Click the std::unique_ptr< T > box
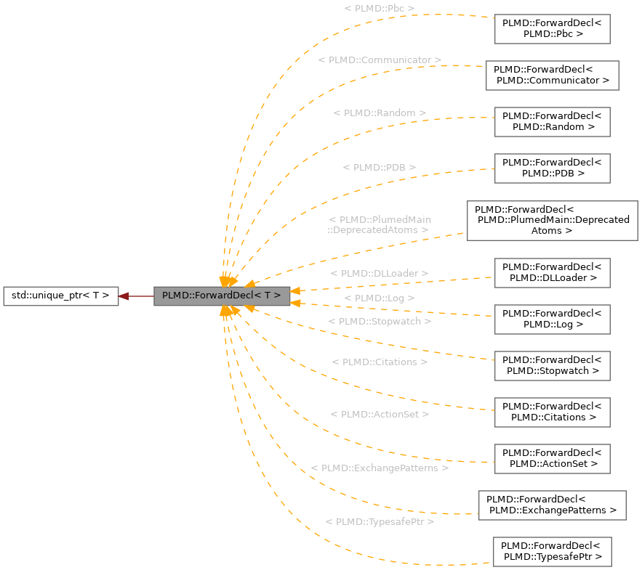point(60,296)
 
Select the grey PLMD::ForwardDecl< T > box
point(222,296)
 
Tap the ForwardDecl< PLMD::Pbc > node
point(552,28)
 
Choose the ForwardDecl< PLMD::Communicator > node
point(552,75)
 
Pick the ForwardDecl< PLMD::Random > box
point(552,121)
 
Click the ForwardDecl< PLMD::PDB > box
point(552,168)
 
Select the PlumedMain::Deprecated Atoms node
point(552,220)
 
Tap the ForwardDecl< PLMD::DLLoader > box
point(552,272)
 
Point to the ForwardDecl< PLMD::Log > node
point(552,319)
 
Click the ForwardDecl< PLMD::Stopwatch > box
point(552,365)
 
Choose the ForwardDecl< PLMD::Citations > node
point(552,412)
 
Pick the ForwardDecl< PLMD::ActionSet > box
point(552,458)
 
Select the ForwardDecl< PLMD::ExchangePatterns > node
point(552,505)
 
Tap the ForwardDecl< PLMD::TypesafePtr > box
point(552,551)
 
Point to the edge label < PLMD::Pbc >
point(380,9)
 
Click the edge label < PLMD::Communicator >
point(380,60)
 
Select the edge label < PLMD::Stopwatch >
point(380,321)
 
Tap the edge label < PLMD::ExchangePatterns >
point(380,468)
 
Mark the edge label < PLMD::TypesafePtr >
point(380,522)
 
